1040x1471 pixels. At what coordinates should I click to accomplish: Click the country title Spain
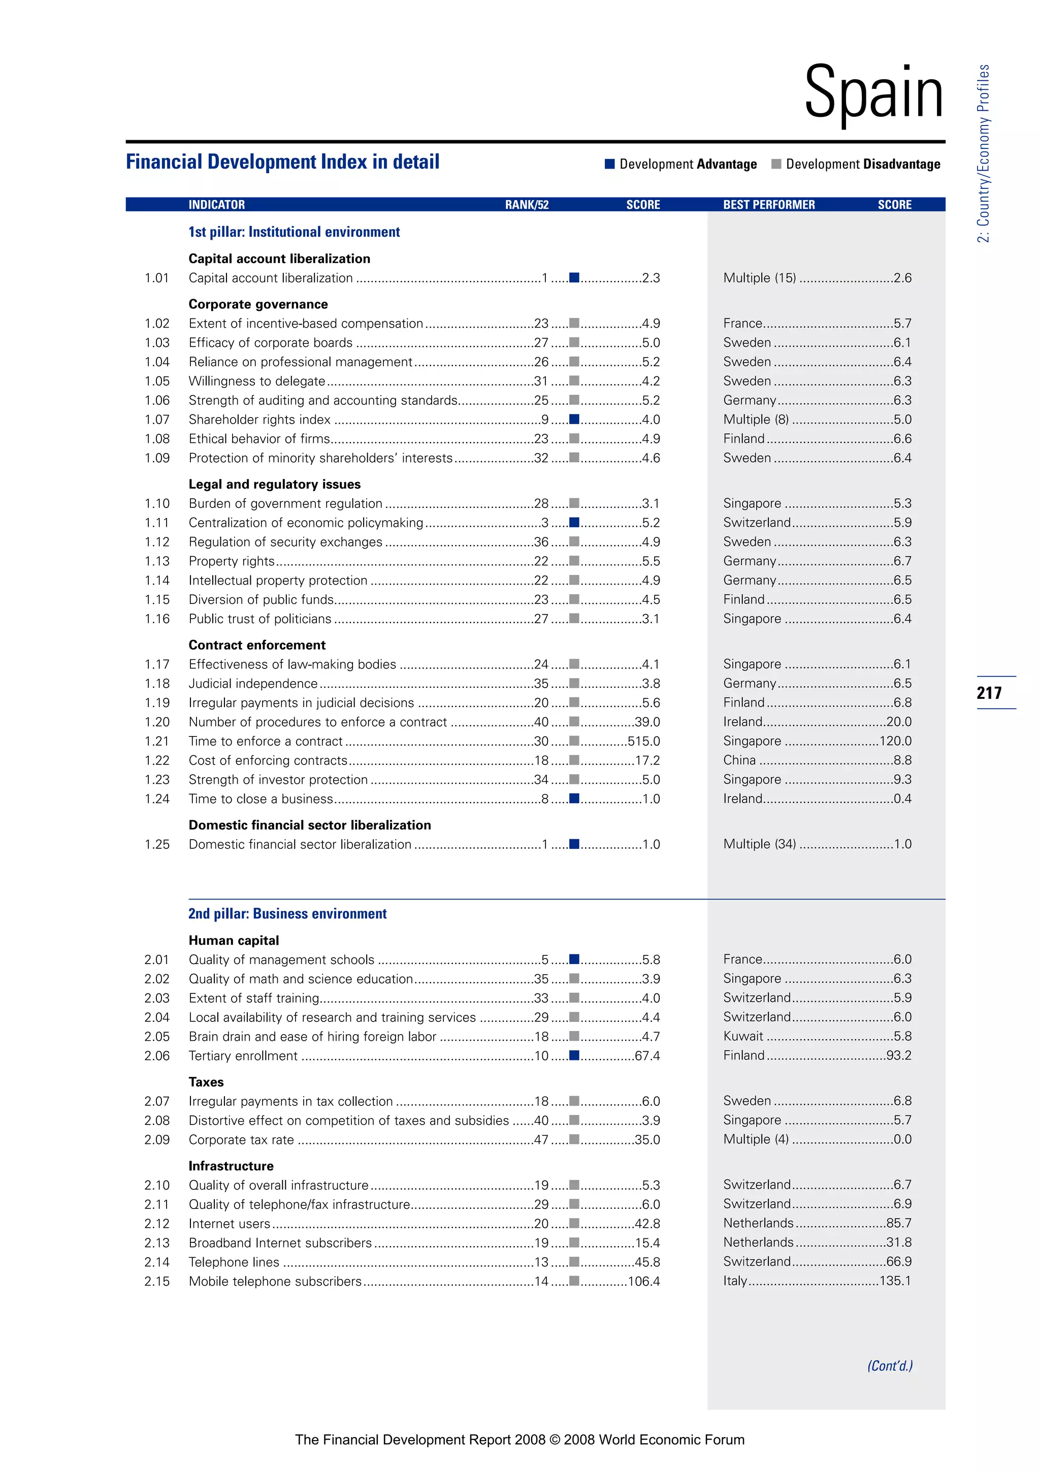tap(873, 93)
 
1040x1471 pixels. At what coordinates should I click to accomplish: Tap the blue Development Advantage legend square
tap(610, 164)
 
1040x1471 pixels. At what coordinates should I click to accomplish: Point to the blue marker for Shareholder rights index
tap(574, 419)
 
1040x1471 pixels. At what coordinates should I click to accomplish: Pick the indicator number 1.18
tap(157, 684)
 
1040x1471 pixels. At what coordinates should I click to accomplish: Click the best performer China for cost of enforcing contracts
tap(740, 760)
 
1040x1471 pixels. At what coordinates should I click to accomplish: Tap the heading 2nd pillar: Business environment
tap(287, 914)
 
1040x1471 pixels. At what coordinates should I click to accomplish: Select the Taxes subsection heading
tap(206, 1082)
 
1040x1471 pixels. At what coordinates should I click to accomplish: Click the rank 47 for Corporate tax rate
tap(541, 1140)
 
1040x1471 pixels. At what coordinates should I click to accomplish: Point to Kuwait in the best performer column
tap(743, 1036)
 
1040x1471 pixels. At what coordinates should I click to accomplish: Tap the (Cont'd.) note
tap(890, 1366)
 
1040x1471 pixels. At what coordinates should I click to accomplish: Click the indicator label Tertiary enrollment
tap(243, 1056)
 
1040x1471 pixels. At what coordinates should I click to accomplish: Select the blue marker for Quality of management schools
tap(574, 959)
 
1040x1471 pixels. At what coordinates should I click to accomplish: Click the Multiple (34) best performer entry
tap(760, 844)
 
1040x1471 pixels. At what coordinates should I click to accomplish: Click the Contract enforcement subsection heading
tap(257, 645)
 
